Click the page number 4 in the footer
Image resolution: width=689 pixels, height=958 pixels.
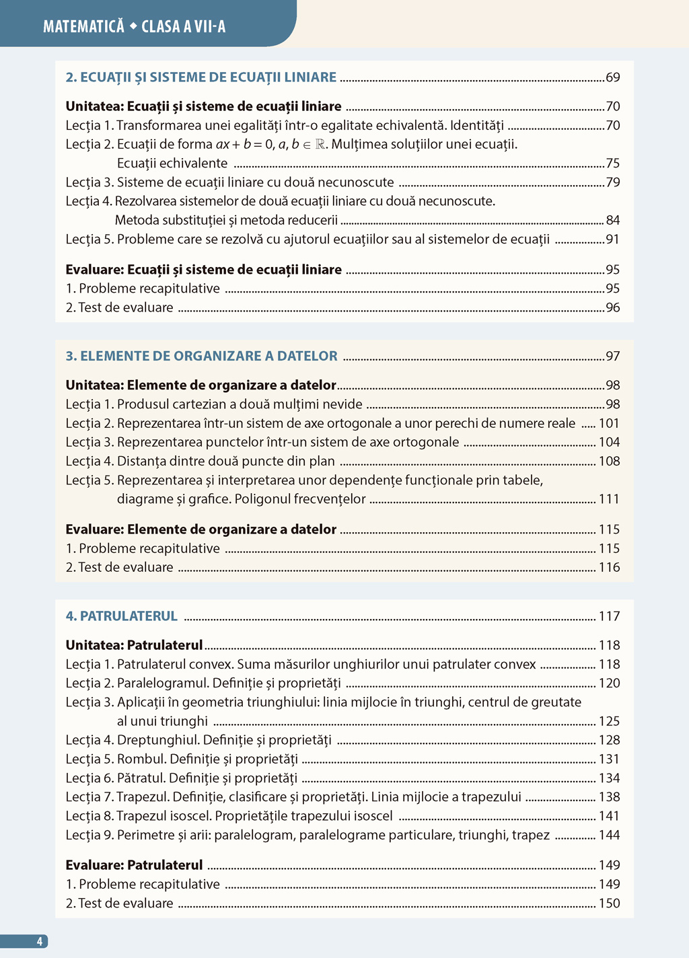(39, 941)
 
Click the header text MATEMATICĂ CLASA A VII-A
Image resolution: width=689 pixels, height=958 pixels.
(134, 26)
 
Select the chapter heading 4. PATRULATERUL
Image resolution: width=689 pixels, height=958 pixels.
(122, 616)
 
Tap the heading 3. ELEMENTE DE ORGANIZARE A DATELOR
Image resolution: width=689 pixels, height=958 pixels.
(201, 356)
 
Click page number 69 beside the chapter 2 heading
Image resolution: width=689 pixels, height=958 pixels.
(613, 77)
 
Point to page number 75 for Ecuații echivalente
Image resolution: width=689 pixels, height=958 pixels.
(613, 163)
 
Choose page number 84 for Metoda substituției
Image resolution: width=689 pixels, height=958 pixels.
(613, 220)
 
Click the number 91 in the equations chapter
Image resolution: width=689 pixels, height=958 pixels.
(613, 239)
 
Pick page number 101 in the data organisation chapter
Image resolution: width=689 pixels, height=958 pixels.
(610, 423)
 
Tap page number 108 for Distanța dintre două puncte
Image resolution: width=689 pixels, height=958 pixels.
(610, 461)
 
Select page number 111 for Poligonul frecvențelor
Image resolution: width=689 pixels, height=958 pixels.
(610, 499)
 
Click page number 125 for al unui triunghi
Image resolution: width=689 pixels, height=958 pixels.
(610, 721)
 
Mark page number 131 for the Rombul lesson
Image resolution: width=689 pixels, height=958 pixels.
(610, 758)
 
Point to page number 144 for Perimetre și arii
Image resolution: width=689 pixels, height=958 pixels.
(610, 835)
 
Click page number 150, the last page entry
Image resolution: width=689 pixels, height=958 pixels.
(610, 903)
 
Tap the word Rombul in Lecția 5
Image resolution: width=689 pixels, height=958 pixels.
(141, 759)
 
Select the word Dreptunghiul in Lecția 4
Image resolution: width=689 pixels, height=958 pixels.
(158, 740)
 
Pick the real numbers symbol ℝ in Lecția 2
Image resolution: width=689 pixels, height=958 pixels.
(320, 144)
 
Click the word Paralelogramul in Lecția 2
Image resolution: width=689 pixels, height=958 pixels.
(163, 683)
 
